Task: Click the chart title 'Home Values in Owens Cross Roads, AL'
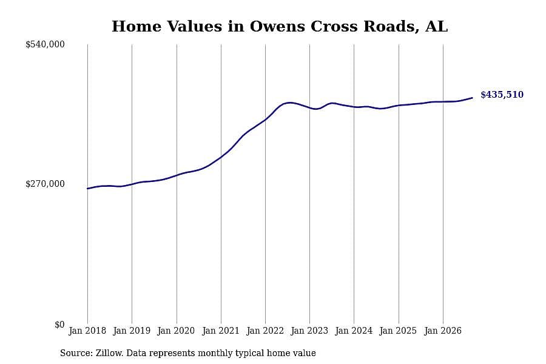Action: [x=280, y=27]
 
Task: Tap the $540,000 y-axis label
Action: [x=45, y=44]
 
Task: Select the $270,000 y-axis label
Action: [x=45, y=184]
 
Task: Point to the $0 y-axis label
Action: [x=59, y=325]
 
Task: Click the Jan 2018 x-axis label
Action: [x=87, y=330]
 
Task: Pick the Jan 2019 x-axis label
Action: [x=132, y=330]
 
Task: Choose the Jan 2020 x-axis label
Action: [x=176, y=330]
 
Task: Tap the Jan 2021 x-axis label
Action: [x=221, y=330]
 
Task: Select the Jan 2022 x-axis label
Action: [x=265, y=330]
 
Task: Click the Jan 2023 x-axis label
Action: [x=309, y=330]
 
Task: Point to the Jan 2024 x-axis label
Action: [x=354, y=330]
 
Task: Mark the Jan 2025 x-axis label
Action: [x=398, y=330]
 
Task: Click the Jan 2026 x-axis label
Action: [x=443, y=330]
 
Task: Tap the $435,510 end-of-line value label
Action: [x=502, y=95]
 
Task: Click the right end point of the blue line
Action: [x=472, y=98]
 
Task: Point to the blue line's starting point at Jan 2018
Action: [x=87, y=189]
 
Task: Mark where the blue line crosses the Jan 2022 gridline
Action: [x=265, y=120]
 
